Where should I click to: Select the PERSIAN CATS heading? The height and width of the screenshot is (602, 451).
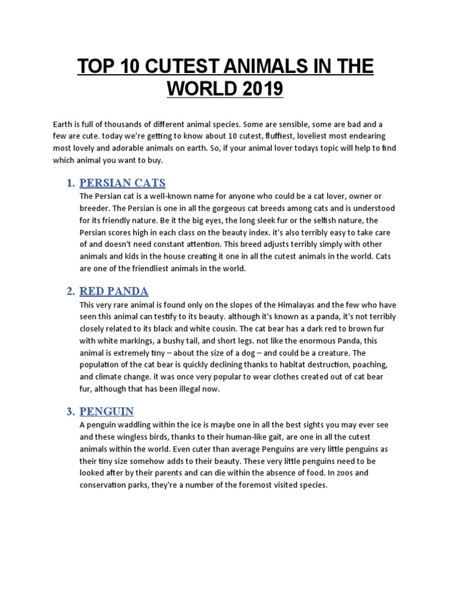(123, 183)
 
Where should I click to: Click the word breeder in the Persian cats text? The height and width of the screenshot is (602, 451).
(95, 208)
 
